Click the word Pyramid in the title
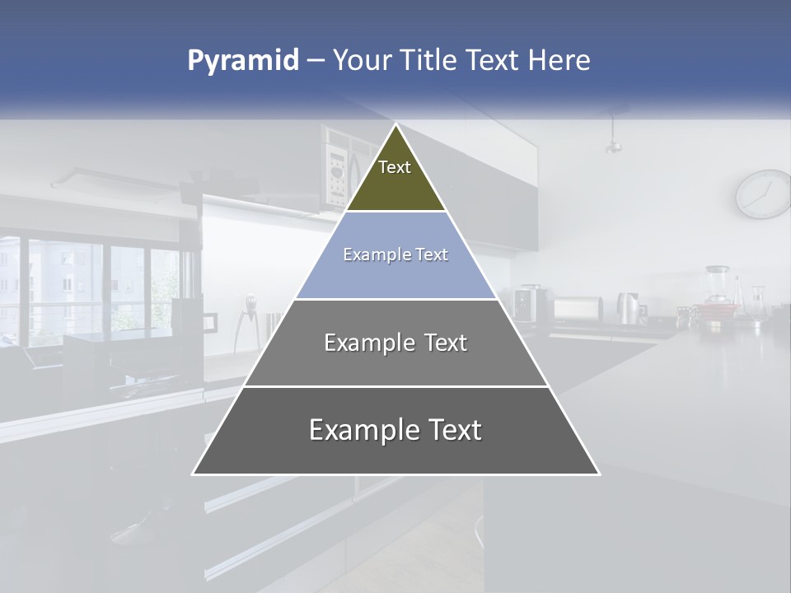242,61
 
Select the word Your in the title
360,61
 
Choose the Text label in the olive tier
395,167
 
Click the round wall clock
763,194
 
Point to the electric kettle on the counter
630,308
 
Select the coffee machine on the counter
527,302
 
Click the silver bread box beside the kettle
578,309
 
